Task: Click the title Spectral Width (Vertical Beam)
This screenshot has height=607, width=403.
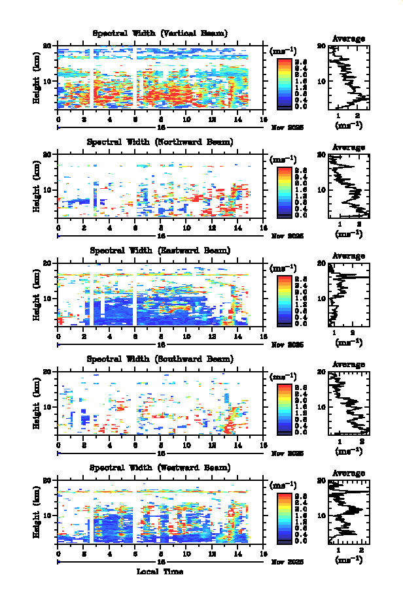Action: point(160,33)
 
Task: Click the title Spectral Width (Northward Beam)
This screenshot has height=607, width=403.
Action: point(160,142)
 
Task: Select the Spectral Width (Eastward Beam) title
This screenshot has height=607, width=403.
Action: point(160,250)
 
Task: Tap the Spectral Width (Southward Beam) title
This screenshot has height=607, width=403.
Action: point(160,359)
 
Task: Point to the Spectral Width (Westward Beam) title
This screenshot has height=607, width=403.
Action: point(160,468)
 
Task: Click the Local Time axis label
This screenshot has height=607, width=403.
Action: point(160,572)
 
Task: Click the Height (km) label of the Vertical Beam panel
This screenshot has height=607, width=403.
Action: point(37,76)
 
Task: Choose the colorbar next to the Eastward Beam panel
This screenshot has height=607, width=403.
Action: point(283,300)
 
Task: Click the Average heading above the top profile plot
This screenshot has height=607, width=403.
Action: point(349,39)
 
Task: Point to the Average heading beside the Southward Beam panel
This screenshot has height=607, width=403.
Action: point(349,365)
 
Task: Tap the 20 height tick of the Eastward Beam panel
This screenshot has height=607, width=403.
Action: point(48,263)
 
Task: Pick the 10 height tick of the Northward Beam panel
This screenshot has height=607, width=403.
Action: point(48,189)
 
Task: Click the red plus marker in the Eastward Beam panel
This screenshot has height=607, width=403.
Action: point(61,321)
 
